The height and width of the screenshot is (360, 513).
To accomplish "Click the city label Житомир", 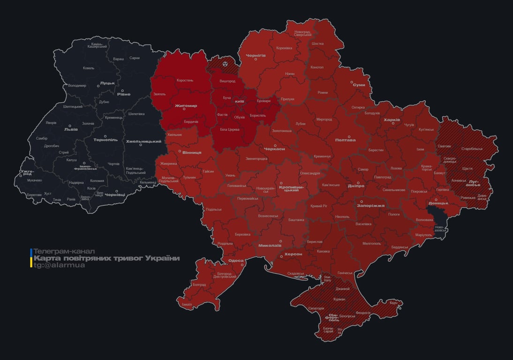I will point(186,106).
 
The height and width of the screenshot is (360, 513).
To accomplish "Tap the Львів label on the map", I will point(71,130).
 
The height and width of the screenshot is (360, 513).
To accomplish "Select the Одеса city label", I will point(236,261).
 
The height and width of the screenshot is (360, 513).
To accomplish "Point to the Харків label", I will point(392,120).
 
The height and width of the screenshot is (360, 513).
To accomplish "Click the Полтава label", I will point(345,140).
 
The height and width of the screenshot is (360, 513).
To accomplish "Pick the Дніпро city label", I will point(356,186).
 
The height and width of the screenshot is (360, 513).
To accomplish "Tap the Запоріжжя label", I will point(370,205).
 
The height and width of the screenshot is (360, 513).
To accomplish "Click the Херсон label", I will point(293,254).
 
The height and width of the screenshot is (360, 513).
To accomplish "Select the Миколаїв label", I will point(270,245).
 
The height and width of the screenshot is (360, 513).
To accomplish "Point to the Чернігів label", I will point(256,55).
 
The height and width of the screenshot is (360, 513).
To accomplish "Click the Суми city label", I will point(359,85).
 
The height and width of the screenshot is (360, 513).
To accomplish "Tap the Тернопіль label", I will point(106,140).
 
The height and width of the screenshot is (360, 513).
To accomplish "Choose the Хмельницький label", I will point(143,141).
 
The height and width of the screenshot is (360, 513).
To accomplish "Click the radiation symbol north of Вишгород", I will point(225,62).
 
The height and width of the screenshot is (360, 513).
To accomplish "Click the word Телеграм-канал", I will point(64,251).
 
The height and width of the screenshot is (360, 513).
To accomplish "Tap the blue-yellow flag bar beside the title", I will point(31,258).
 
